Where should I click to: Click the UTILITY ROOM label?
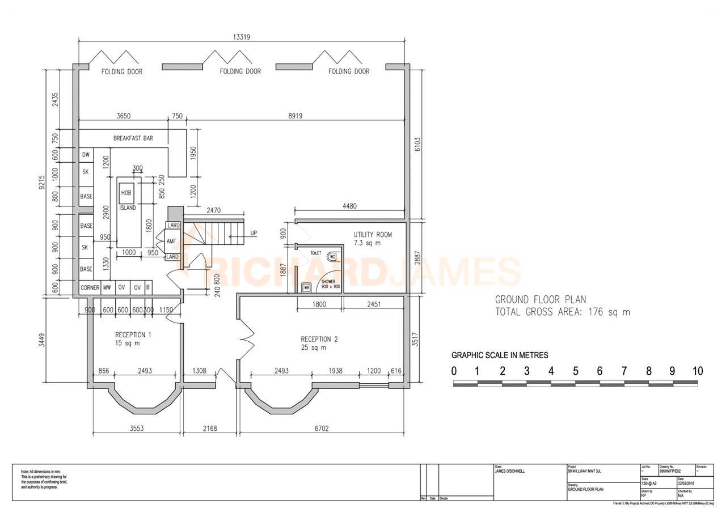tap(372, 235)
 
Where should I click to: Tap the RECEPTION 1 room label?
tap(133, 335)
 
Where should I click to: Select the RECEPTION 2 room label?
tap(319, 340)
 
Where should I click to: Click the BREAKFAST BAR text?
tap(133, 138)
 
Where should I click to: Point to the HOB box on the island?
tap(126, 193)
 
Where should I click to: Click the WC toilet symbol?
tap(332, 257)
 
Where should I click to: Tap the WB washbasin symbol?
tap(307, 287)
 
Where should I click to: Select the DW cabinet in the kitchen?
tap(86, 155)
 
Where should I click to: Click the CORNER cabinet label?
tap(90, 288)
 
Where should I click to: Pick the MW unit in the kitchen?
tap(107, 288)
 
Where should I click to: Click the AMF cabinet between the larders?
tap(172, 241)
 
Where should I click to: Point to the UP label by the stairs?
tap(253, 233)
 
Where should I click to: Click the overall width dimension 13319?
tap(242, 37)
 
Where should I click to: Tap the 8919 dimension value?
tap(295, 116)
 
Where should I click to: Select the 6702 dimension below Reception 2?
tap(322, 429)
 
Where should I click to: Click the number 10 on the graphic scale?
tap(697, 371)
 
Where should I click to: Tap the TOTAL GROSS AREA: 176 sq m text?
tap(562, 312)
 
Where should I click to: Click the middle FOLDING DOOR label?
tap(240, 71)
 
